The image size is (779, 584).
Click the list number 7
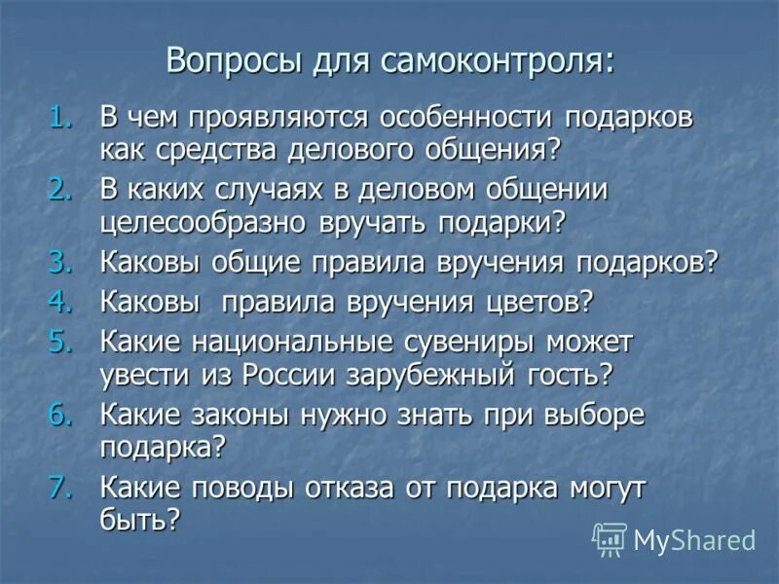(x=63, y=486)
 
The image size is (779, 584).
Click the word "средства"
(x=210, y=149)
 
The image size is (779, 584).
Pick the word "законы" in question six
(x=258, y=414)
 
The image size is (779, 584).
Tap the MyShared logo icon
(x=610, y=538)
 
